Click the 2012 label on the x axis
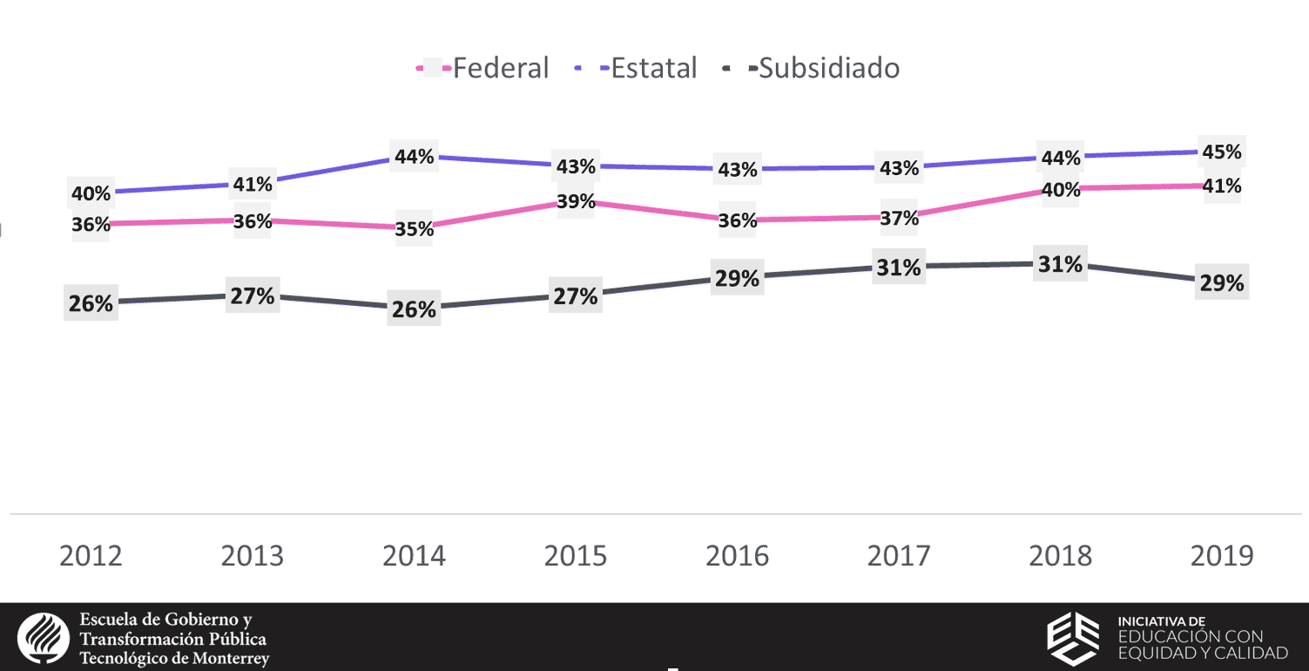(x=91, y=556)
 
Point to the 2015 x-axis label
(x=576, y=556)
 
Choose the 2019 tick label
(x=1222, y=556)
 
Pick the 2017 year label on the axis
(x=899, y=556)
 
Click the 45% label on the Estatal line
(x=1221, y=152)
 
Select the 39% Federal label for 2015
(x=576, y=201)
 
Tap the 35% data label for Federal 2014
(x=414, y=229)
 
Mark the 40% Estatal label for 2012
(x=91, y=193)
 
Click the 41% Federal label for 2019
(x=1221, y=186)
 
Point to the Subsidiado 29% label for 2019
(x=1221, y=282)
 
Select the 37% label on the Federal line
(x=899, y=218)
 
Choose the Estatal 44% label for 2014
(x=414, y=157)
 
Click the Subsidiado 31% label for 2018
(x=1060, y=264)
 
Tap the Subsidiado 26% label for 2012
(x=91, y=303)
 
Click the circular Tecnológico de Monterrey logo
(x=43, y=638)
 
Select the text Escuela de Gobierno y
(x=165, y=620)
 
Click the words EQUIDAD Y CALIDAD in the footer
(x=1202, y=654)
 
